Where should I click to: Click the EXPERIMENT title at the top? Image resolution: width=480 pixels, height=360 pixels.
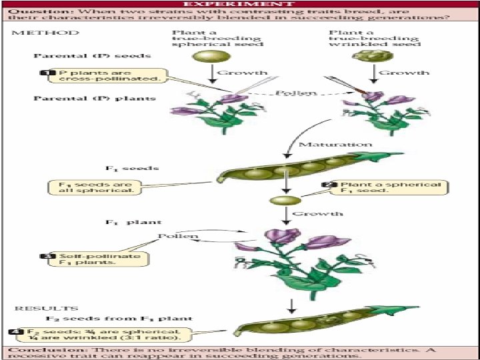(x=241, y=3)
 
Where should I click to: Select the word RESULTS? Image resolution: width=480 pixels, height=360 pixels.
(x=37, y=309)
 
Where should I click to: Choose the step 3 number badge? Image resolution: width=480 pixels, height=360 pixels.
(x=47, y=256)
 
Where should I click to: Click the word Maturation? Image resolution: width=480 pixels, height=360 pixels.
(x=335, y=144)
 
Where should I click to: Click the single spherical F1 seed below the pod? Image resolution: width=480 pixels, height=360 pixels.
(x=281, y=200)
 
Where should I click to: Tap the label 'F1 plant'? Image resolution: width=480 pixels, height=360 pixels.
(x=134, y=222)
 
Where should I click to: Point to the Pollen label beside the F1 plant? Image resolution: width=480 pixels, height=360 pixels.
(x=178, y=236)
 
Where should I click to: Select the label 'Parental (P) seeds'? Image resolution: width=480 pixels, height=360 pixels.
(x=93, y=55)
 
